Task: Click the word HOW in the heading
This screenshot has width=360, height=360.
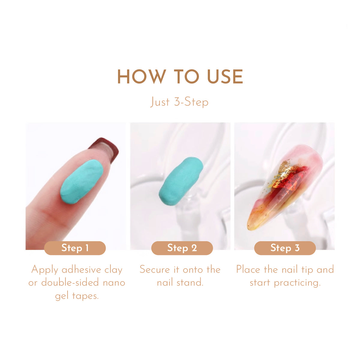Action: click(142, 76)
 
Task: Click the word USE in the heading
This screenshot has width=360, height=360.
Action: click(225, 76)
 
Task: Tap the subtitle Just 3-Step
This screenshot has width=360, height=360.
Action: click(179, 102)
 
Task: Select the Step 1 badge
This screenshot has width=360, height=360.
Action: click(75, 248)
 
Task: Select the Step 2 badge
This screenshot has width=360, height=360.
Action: click(182, 248)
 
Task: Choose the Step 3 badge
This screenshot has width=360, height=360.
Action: click(285, 248)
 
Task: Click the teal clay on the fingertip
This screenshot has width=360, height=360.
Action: click(82, 181)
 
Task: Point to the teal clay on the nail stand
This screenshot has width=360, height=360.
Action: click(181, 181)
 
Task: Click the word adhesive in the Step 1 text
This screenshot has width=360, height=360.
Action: click(82, 270)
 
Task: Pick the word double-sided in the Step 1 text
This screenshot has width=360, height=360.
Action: click(70, 283)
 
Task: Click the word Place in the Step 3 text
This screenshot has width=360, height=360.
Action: click(248, 270)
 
